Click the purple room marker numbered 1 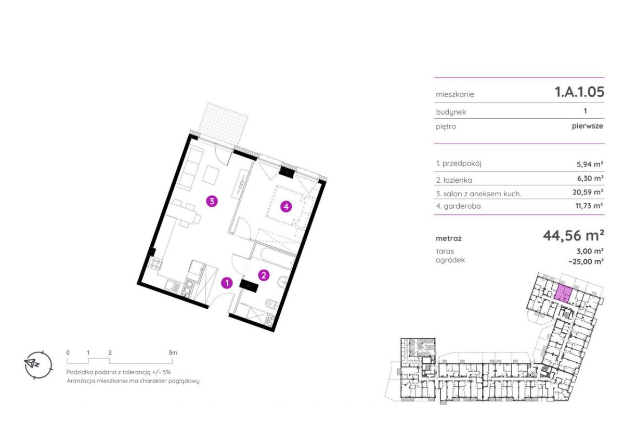pyautogui.click(x=227, y=283)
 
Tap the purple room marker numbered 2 pyautogui.click(x=264, y=275)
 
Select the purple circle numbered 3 pyautogui.click(x=212, y=201)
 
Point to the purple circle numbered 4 pyautogui.click(x=286, y=207)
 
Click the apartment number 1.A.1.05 pyautogui.click(x=580, y=92)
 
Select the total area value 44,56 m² pyautogui.click(x=573, y=236)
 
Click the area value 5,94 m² pyautogui.click(x=590, y=164)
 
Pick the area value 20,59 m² pyautogui.click(x=588, y=192)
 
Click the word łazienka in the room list pyautogui.click(x=458, y=181)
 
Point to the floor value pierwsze pyautogui.click(x=588, y=126)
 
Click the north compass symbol pyautogui.click(x=38, y=364)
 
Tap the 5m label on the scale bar pyautogui.click(x=173, y=352)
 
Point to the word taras pyautogui.click(x=445, y=251)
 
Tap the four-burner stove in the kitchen pyautogui.click(x=154, y=263)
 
